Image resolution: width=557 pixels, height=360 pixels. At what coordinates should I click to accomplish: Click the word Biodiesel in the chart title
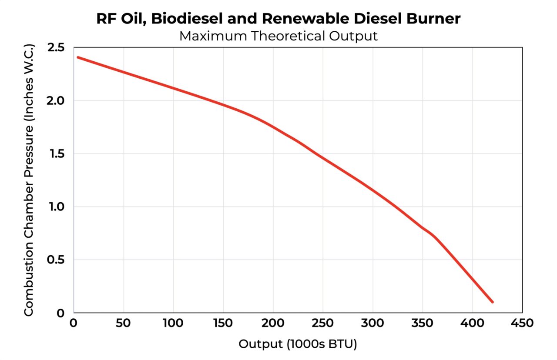(184, 19)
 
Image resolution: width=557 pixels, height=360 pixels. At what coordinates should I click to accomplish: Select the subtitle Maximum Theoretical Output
(278, 36)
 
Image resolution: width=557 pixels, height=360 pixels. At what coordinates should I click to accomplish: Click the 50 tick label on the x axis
(124, 323)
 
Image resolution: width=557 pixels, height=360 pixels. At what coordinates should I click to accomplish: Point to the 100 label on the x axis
(174, 323)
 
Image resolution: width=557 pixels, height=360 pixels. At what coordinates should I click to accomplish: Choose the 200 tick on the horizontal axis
(273, 323)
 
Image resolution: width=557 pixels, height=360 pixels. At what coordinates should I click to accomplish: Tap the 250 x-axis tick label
(323, 323)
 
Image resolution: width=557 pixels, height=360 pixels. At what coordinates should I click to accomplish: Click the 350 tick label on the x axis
(423, 323)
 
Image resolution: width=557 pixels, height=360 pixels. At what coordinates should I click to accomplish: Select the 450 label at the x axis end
(522, 323)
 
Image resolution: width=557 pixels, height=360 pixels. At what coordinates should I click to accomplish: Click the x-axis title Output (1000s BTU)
(298, 344)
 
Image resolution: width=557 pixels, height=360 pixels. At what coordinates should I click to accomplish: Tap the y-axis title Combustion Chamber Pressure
(29, 180)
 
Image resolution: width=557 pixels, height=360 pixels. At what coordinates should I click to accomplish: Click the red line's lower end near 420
(492, 302)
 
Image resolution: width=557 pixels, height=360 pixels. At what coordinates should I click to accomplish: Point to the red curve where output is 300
(373, 190)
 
